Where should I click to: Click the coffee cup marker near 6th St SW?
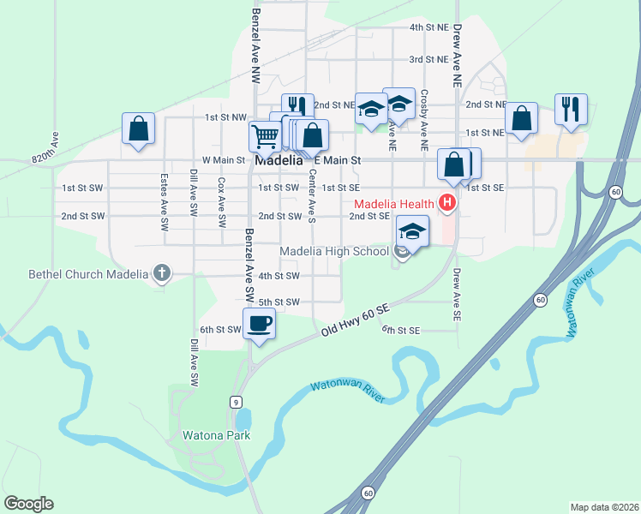[260, 324]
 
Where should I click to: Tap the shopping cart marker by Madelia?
[266, 135]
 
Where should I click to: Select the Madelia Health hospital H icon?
[446, 203]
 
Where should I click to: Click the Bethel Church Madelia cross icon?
[161, 274]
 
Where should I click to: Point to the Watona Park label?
[216, 435]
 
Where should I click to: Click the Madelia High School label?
[337, 250]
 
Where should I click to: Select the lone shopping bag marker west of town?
[139, 128]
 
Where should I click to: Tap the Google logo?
[28, 504]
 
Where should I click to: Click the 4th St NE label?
[428, 27]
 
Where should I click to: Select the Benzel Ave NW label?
[256, 45]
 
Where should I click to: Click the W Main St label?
[224, 160]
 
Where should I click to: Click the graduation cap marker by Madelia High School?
[412, 231]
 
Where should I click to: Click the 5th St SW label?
[279, 302]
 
